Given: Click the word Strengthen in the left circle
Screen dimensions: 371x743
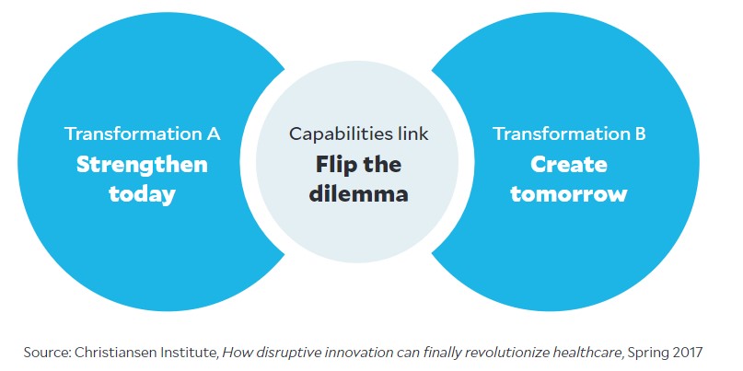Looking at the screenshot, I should [142, 165].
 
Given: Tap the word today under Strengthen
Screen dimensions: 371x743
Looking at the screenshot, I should [142, 194].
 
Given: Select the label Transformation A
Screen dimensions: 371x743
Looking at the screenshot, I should [142, 133].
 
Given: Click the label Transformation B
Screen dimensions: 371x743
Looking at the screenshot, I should [569, 133].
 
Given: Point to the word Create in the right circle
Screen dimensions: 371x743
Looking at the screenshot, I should [569, 165].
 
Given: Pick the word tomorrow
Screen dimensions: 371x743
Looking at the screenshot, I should [569, 194].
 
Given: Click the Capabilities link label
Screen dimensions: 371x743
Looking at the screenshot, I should [359, 133].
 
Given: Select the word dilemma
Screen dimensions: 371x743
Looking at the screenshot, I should [359, 194].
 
